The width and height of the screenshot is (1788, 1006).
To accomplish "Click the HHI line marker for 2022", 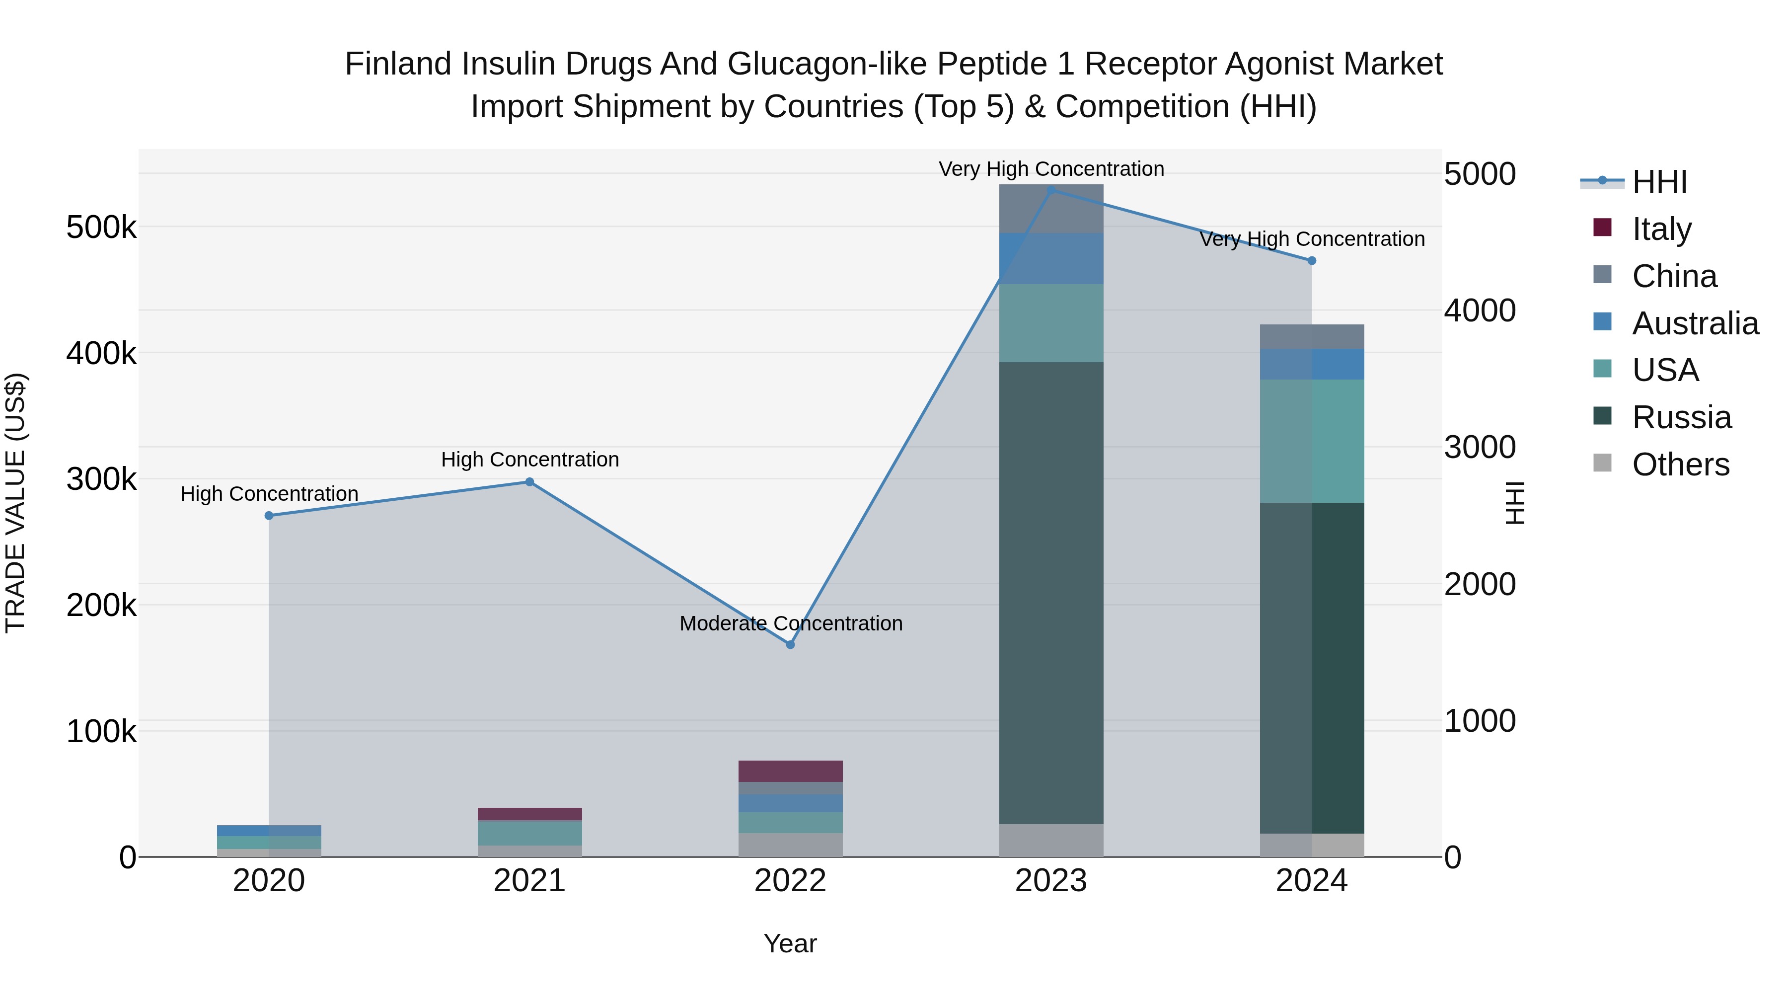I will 790,644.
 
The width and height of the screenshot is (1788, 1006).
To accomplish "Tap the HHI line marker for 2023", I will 1051,190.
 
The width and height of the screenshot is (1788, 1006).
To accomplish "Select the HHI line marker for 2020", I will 269,516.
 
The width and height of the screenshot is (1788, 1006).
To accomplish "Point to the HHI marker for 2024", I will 1312,261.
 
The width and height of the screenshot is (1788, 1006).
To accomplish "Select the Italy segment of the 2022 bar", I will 790,772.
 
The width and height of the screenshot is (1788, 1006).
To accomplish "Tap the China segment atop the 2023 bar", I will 1051,208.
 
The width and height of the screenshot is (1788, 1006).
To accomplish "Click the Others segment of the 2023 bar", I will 1051,840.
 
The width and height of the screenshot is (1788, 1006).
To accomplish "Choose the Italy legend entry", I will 1660,229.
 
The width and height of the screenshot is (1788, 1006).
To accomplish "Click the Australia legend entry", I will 1694,323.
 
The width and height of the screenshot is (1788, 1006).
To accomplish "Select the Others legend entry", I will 1680,464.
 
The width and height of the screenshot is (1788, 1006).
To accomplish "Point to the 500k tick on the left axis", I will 101,227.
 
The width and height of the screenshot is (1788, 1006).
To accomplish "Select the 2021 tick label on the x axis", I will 529,881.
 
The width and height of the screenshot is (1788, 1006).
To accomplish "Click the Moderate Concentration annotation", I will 791,623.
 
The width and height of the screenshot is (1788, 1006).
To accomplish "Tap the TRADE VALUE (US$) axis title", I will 15,503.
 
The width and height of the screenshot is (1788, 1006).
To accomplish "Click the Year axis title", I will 790,943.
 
